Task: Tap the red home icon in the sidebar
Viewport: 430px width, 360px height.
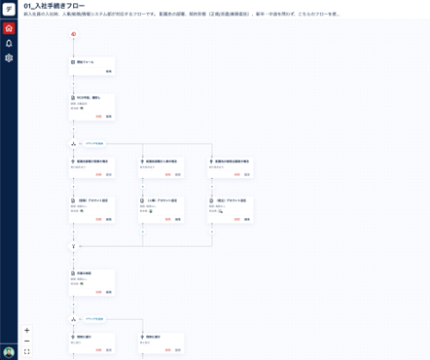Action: point(9,28)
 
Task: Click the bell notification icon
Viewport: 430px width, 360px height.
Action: point(9,43)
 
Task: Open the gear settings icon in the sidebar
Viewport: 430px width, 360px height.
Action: point(9,57)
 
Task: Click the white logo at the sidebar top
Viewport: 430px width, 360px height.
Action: point(9,9)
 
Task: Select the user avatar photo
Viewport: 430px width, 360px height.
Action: point(9,351)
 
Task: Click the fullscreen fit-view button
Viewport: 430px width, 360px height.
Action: point(26,351)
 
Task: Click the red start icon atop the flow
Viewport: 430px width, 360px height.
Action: point(73,34)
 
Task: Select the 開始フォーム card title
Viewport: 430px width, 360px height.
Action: point(86,61)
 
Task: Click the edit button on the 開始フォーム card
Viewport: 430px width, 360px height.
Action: point(109,71)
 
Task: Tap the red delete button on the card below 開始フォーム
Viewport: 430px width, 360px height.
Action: point(98,116)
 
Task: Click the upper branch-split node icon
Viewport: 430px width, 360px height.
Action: point(73,144)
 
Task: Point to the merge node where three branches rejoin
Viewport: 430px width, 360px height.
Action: point(73,246)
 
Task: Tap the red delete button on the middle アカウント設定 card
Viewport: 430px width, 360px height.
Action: point(167,219)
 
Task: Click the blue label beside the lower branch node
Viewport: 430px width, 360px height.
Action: point(94,318)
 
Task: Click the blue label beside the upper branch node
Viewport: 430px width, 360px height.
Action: point(94,144)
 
